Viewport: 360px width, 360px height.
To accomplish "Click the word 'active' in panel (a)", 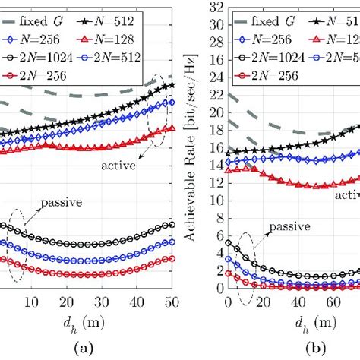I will pyautogui.click(x=115, y=163).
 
